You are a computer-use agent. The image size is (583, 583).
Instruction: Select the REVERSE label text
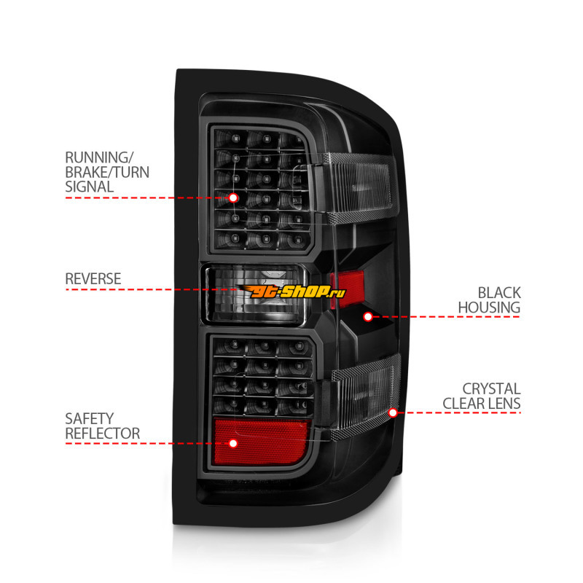(93, 279)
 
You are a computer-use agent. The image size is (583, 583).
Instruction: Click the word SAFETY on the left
(90, 419)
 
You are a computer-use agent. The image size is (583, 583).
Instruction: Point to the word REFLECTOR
(103, 434)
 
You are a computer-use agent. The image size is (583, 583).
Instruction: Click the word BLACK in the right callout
(499, 293)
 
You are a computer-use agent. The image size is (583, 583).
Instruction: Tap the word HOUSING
(488, 308)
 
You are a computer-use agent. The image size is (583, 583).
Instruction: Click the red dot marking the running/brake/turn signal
(233, 197)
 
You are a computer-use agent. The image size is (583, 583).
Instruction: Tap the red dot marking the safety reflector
(233, 443)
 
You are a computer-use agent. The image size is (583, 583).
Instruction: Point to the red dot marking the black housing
(368, 316)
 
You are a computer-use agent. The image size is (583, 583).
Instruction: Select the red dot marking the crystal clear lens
(393, 412)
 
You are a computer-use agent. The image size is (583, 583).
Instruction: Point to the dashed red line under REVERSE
(138, 290)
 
